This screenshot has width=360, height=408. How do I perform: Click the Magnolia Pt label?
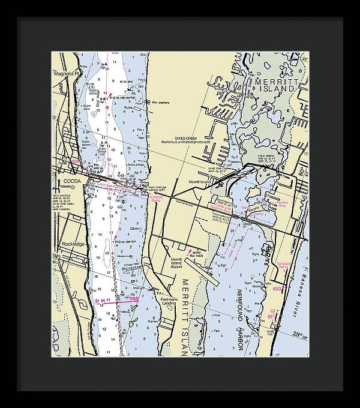coord(67,74)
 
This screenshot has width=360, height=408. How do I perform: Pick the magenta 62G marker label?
coord(277,289)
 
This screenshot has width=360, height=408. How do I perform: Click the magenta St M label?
coord(100,299)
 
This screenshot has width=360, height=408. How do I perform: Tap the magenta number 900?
coord(133,299)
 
